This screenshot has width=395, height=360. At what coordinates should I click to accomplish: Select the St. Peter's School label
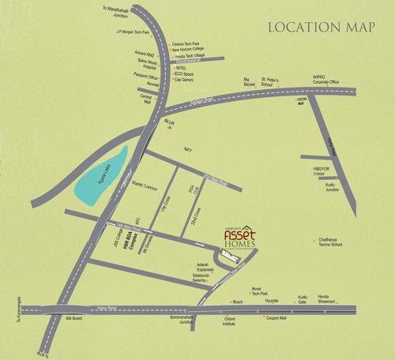[x=282, y=81]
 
